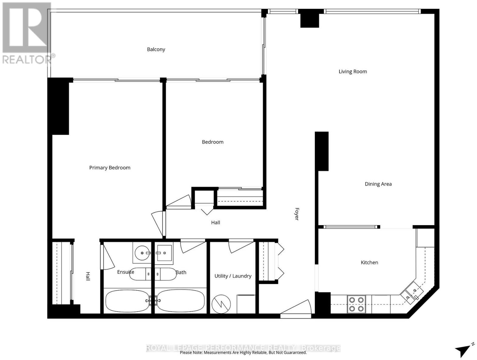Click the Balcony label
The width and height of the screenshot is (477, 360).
[156, 49]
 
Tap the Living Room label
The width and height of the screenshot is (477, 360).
[353, 72]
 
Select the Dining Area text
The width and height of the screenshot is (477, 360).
[378, 184]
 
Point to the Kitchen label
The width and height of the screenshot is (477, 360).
[369, 262]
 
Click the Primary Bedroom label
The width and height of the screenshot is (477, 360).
[110, 168]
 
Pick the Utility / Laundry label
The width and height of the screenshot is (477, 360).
[233, 276]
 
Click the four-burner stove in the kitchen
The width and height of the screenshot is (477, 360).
[356, 304]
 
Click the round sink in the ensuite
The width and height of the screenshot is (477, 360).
[142, 253]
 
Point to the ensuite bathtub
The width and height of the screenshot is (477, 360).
[127, 301]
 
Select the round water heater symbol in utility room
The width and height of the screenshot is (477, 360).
[221, 304]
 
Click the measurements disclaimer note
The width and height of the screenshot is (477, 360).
[243, 352]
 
